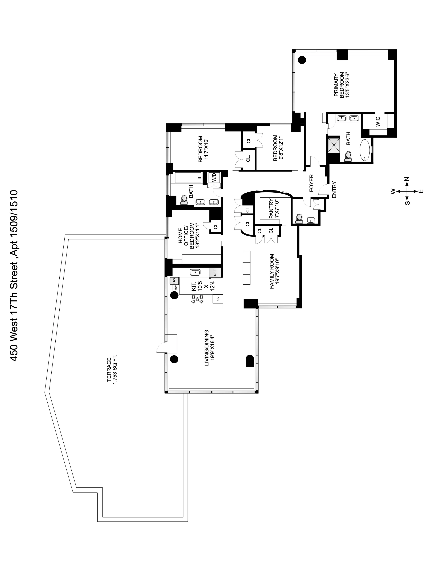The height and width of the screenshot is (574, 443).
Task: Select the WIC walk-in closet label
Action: pyautogui.click(x=378, y=121)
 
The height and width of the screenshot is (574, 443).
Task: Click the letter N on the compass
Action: pyautogui.click(x=407, y=179)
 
